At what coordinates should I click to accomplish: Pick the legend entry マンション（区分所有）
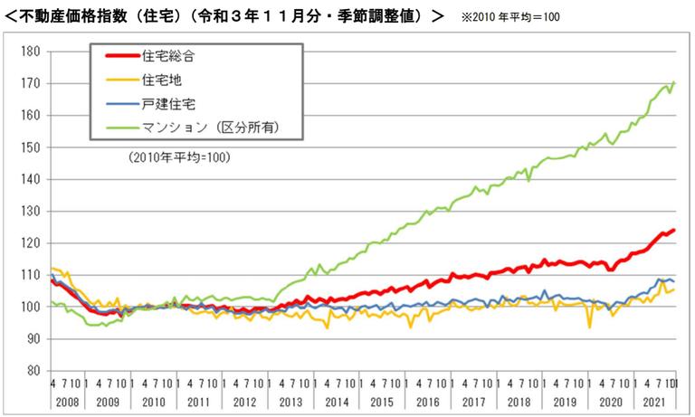[210, 128]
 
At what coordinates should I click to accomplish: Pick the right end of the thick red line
[675, 231]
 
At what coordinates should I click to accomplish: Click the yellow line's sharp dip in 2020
[589, 327]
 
